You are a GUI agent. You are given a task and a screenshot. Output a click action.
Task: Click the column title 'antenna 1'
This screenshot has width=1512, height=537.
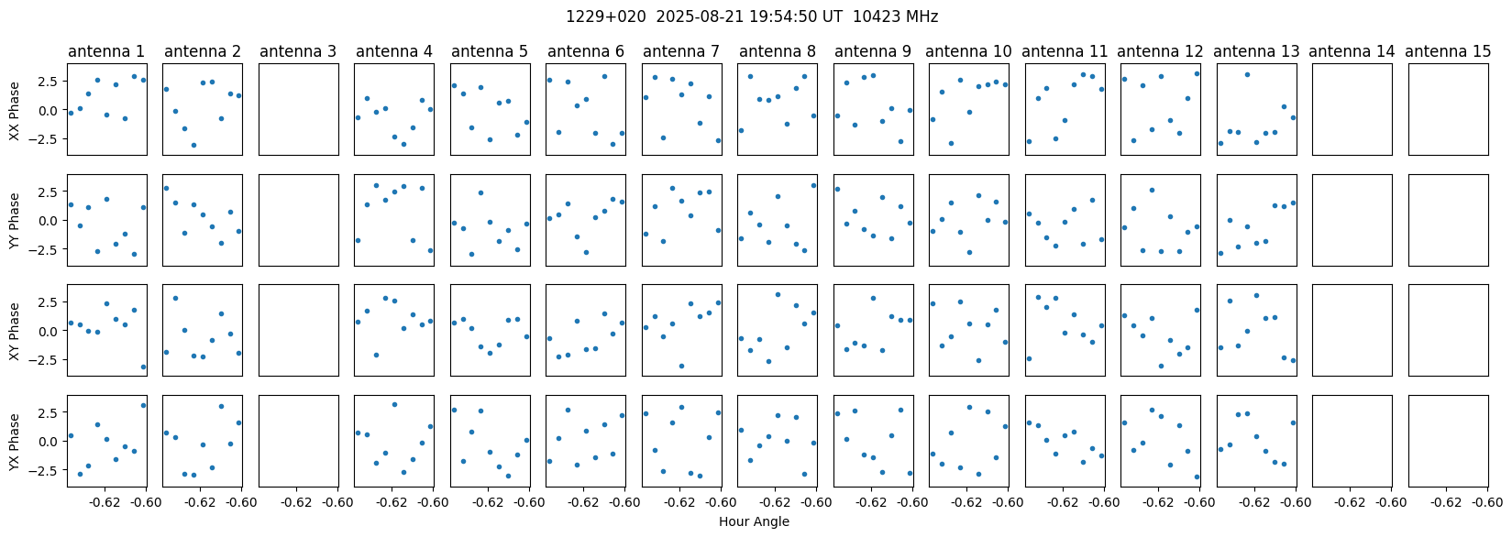106,51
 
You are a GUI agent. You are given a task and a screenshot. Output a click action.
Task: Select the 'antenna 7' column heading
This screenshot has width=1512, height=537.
681,51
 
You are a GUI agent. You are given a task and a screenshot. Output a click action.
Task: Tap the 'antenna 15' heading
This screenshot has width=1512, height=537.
1448,51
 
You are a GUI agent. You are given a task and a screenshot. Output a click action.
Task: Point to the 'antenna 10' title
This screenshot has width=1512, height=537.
968,51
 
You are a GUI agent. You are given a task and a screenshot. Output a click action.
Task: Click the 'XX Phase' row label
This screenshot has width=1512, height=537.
14,109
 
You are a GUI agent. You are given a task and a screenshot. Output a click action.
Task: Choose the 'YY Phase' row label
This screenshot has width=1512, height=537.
14,221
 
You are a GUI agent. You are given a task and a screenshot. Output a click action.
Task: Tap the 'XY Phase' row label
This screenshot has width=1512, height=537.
14,331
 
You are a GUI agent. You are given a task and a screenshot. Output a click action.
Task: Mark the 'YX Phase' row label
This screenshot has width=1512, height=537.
14,441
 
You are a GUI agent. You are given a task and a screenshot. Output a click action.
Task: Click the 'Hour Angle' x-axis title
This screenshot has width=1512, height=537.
754,521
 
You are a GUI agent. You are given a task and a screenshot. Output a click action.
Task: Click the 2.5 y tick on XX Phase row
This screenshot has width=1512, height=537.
52,81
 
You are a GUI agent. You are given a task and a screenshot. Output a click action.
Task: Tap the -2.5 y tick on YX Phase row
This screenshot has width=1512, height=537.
49,469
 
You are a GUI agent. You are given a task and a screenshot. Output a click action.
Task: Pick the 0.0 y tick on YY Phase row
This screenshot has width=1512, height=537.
52,221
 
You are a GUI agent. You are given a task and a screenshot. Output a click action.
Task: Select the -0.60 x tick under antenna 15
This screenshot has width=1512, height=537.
1487,502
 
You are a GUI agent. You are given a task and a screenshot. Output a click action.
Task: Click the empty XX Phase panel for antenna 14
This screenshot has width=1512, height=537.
1352,109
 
